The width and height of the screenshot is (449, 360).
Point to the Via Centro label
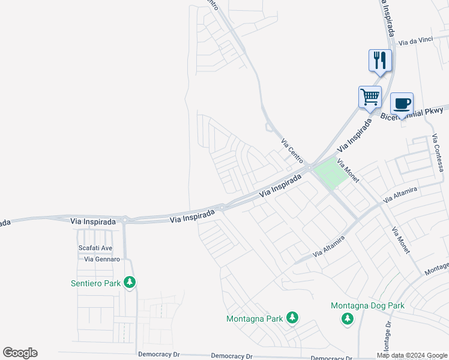(292, 151)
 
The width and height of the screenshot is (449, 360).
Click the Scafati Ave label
(95, 248)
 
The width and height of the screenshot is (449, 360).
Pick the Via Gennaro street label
(102, 259)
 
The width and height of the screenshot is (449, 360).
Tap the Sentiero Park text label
(96, 282)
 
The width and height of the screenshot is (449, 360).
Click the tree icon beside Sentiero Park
(129, 282)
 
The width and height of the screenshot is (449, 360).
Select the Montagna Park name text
(255, 319)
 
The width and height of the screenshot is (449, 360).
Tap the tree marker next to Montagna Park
(292, 317)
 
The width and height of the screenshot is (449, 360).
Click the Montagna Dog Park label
(367, 305)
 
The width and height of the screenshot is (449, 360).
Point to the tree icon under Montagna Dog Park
(347, 319)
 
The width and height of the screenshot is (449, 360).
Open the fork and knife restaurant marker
(380, 61)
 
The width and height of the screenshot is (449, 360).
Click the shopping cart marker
(370, 97)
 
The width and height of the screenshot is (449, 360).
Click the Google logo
(20, 353)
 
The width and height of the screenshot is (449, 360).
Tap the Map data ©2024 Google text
(411, 355)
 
